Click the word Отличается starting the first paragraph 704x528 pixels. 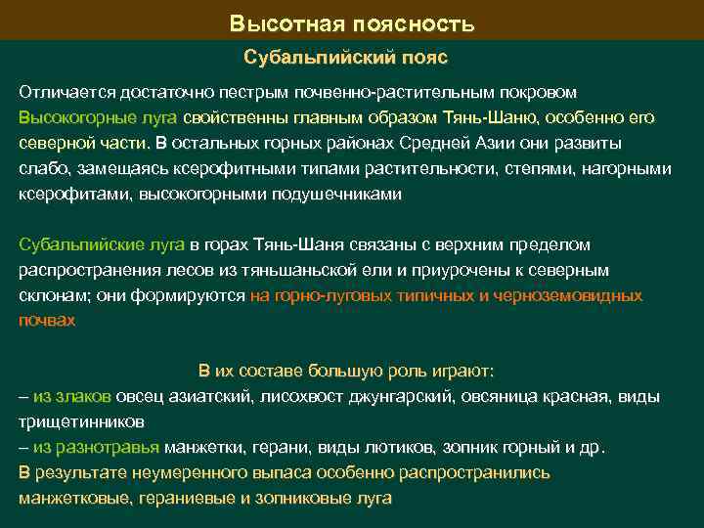(66, 92)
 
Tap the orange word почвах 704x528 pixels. (46, 320)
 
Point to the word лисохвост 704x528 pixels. (294, 396)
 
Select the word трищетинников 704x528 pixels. (81, 421)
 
